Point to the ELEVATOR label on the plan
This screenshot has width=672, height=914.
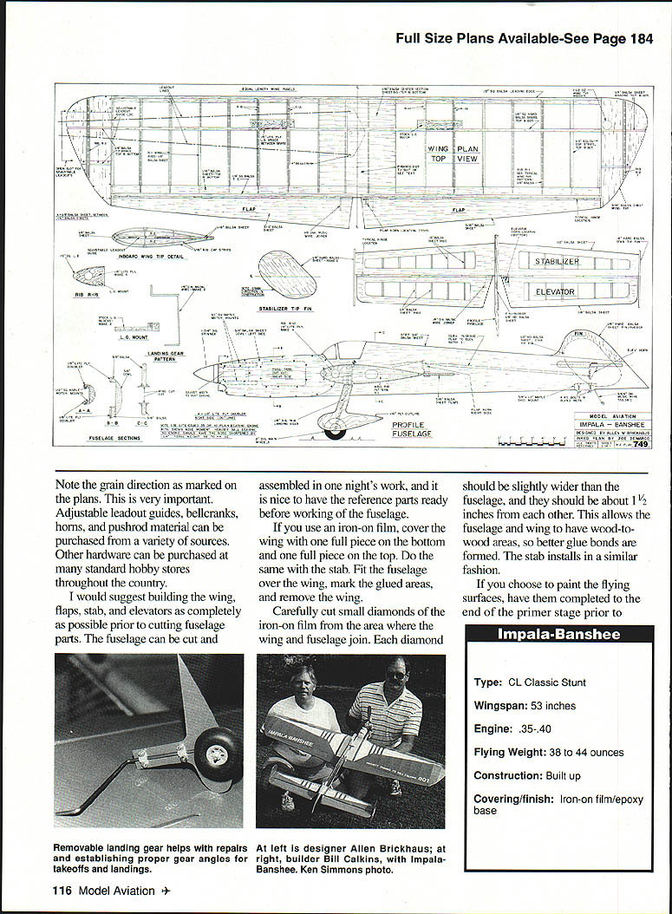point(554,292)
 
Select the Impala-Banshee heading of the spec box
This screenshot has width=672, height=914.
point(558,635)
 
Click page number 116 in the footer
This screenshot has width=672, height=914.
point(62,891)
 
